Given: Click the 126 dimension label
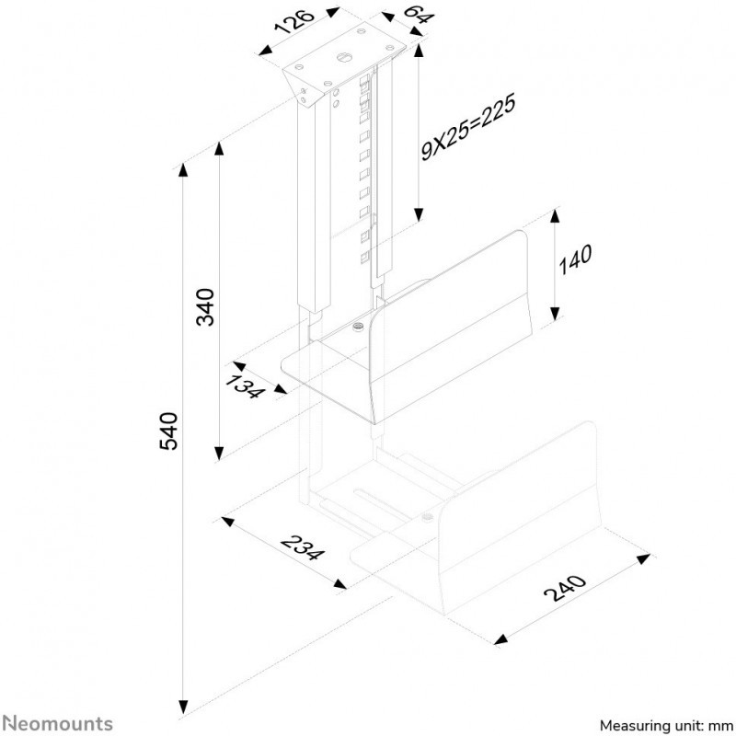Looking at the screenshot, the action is point(294,22).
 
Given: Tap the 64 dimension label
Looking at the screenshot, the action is point(420,15).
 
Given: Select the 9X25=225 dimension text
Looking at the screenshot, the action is point(468,127).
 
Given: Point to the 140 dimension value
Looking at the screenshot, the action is point(575,259).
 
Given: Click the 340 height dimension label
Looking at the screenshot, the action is point(205,307).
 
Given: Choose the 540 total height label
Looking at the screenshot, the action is point(168,431).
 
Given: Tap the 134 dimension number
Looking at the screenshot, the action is point(245,386).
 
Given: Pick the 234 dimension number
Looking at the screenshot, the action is point(303,547).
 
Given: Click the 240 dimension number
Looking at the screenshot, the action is point(565,588).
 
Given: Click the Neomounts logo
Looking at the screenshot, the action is point(57,723).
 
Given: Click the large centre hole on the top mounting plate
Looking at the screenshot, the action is point(343,57).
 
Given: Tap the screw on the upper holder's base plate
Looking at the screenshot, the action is point(359,327).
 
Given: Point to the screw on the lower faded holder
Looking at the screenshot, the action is point(427,517).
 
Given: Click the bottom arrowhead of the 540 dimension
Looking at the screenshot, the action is point(183,707).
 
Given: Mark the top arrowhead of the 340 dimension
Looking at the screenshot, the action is point(219,148).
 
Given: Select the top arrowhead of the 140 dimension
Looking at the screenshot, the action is point(555,216).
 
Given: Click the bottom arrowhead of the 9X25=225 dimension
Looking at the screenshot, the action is point(419,215).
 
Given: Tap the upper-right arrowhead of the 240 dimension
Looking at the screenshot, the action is point(643,558).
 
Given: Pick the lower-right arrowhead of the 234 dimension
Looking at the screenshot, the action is point(339,584).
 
